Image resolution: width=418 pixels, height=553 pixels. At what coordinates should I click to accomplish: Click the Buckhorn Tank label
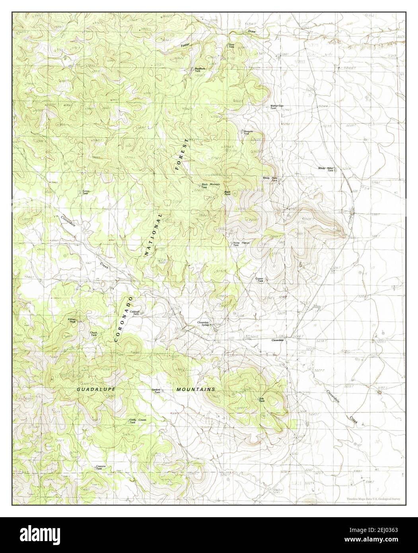(200, 69)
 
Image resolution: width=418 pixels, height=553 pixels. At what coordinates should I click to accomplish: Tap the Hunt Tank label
(231, 46)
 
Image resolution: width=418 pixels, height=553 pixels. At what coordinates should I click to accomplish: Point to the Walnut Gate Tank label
(277, 107)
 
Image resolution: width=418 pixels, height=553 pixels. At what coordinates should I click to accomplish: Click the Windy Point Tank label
(270, 179)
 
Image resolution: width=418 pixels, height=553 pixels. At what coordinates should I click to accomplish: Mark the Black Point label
(227, 193)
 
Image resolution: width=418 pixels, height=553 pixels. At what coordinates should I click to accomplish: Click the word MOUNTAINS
(196, 389)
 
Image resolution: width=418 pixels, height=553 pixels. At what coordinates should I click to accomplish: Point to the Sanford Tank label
(156, 391)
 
